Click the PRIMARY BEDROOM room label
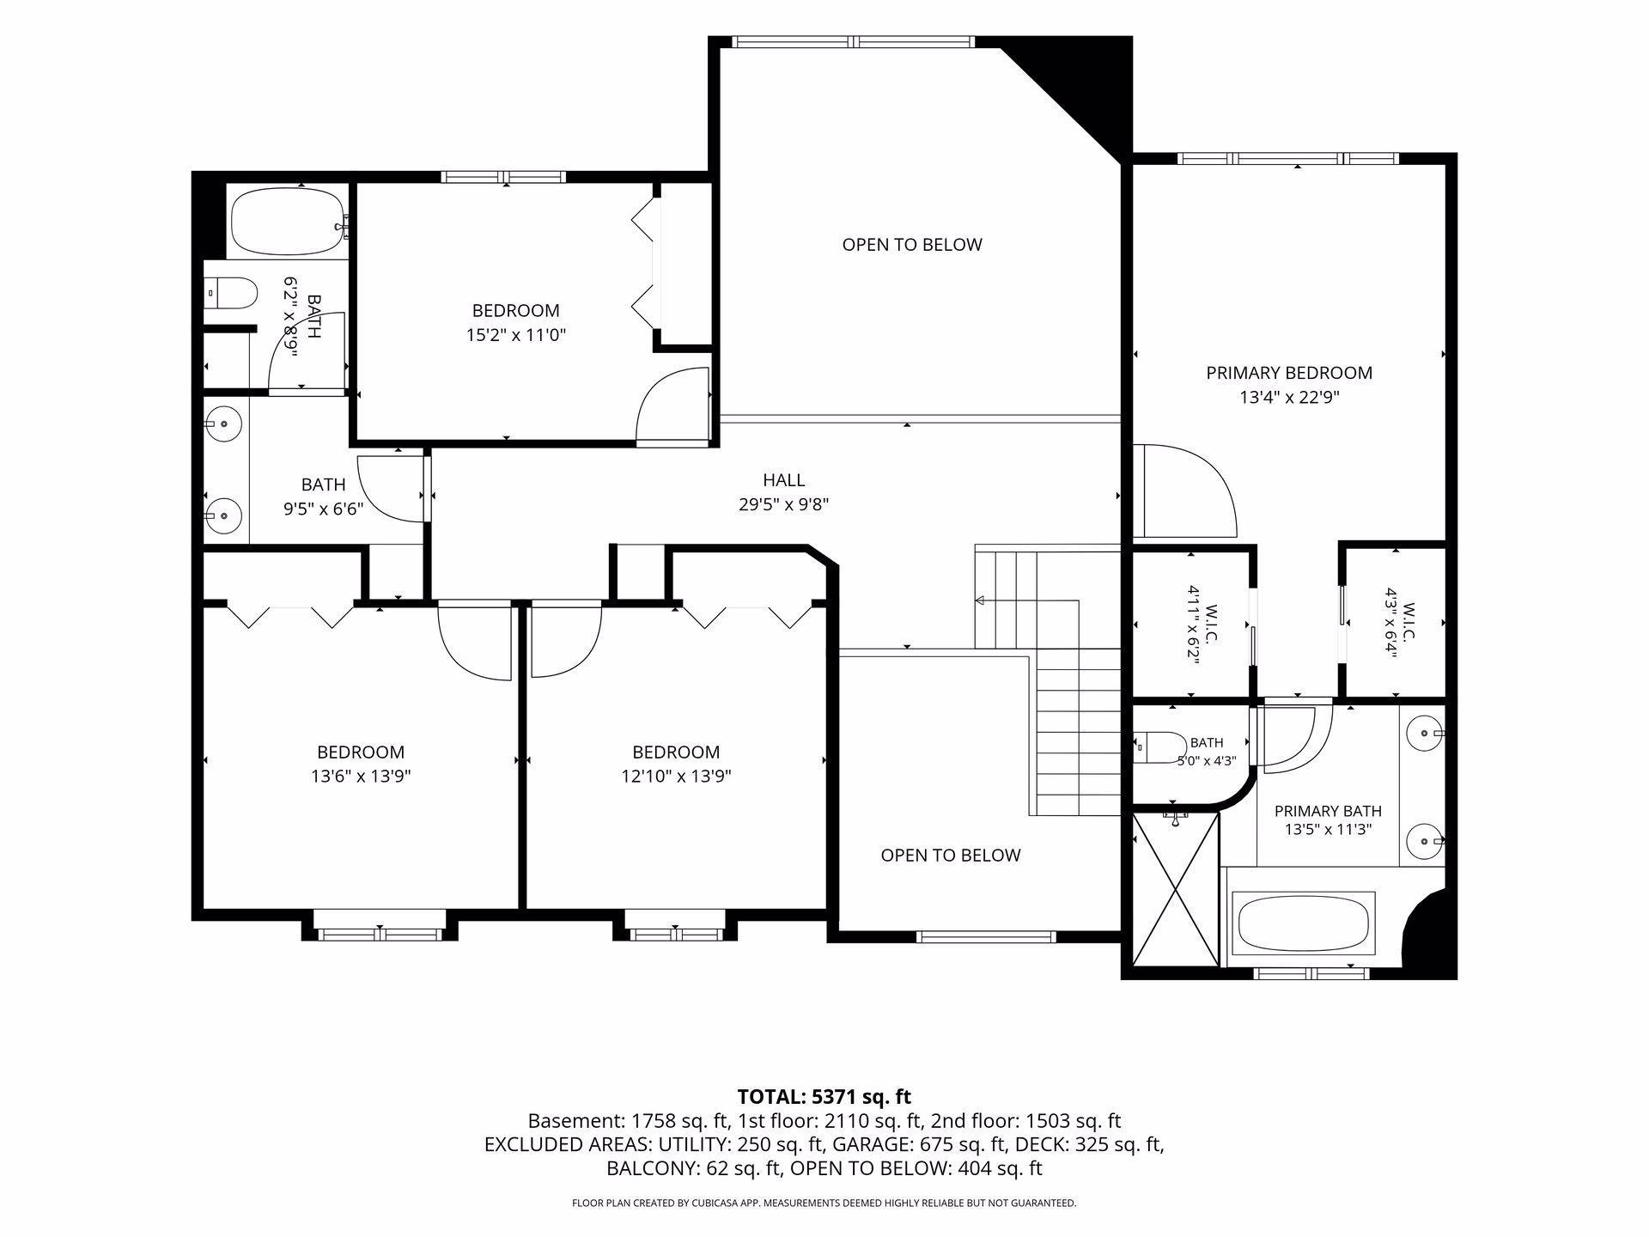(1289, 373)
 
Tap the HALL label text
(783, 480)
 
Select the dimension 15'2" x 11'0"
(516, 335)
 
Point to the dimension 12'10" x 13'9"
(677, 777)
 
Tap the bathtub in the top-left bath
(288, 221)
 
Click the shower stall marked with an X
(1175, 889)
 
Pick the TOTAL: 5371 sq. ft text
(824, 1097)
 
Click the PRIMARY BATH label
(1328, 811)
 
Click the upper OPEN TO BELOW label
(912, 245)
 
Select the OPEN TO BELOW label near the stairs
(951, 855)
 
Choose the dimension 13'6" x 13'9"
(361, 777)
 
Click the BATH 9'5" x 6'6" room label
(324, 496)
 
